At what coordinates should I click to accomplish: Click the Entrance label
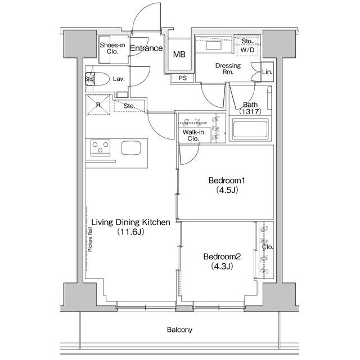coord(146,49)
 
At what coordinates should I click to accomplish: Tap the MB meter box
coord(179,55)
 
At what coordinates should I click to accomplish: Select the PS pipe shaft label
coord(182,78)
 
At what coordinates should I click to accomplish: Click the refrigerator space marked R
coord(98,105)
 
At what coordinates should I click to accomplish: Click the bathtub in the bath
coord(249,132)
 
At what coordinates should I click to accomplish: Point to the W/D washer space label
coord(247,49)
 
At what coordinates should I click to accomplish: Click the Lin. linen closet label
coord(267,72)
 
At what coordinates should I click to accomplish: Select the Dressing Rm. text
coord(228,69)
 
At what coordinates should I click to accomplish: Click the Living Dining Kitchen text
coord(130,227)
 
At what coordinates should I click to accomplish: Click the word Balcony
coord(179,330)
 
